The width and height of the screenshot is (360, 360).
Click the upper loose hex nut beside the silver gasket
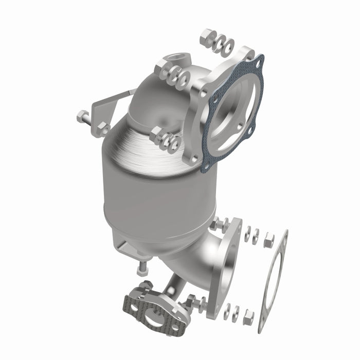(268, 240)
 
